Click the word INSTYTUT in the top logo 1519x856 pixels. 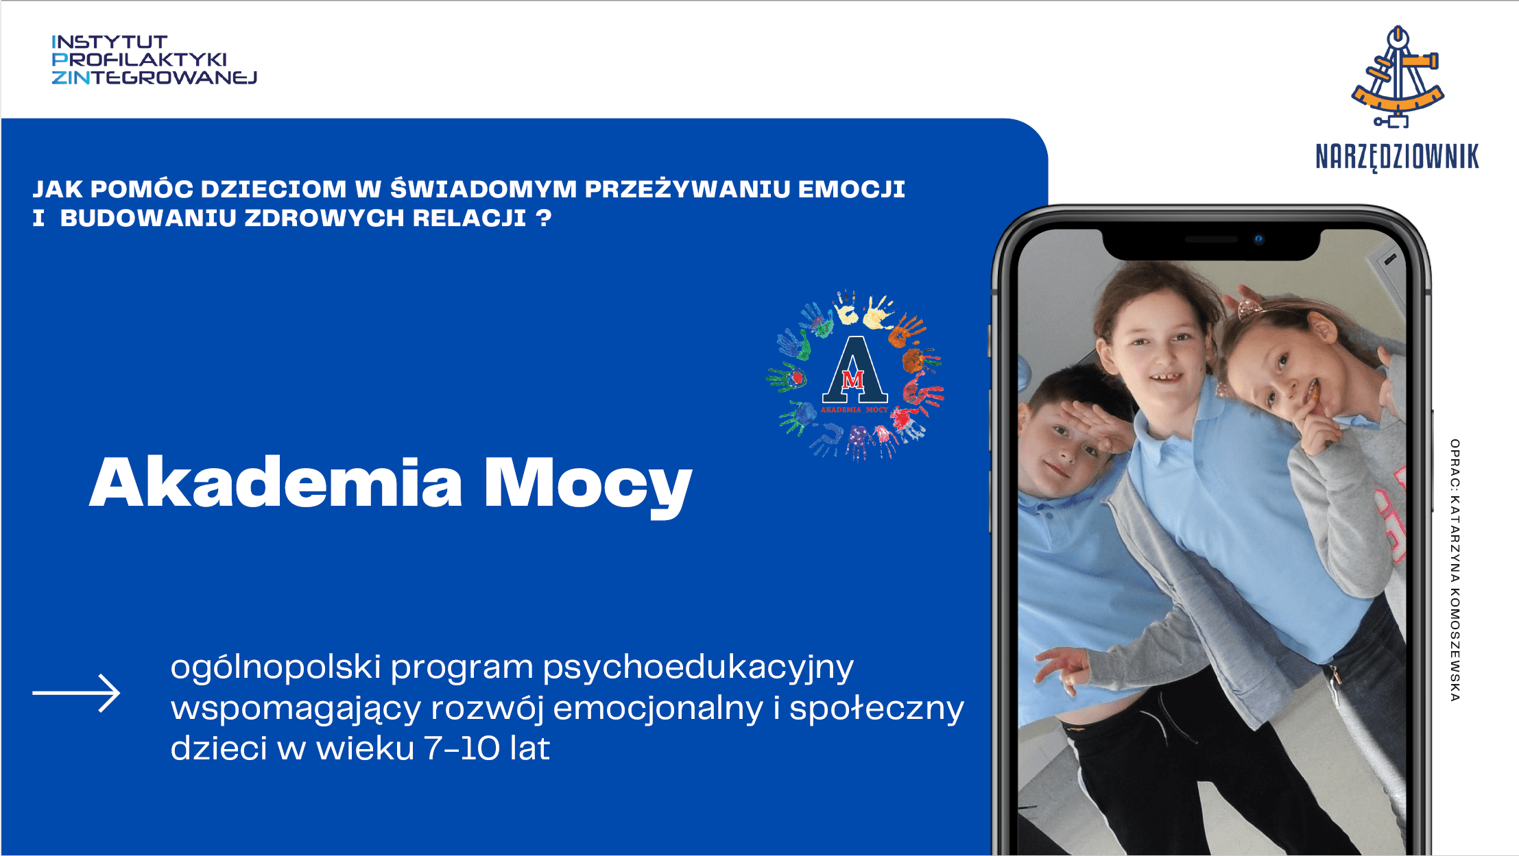(110, 42)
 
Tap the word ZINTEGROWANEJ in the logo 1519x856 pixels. (154, 77)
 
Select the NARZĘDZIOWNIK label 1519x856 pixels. (1397, 157)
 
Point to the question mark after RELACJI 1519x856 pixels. (544, 218)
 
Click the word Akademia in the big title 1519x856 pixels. (276, 482)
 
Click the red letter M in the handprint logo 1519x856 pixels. (852, 379)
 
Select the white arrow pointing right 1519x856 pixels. (76, 693)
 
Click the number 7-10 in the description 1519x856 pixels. (462, 748)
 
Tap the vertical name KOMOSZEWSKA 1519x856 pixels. (1455, 645)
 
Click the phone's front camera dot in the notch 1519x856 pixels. (1258, 239)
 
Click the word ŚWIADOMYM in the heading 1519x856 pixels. (483, 188)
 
